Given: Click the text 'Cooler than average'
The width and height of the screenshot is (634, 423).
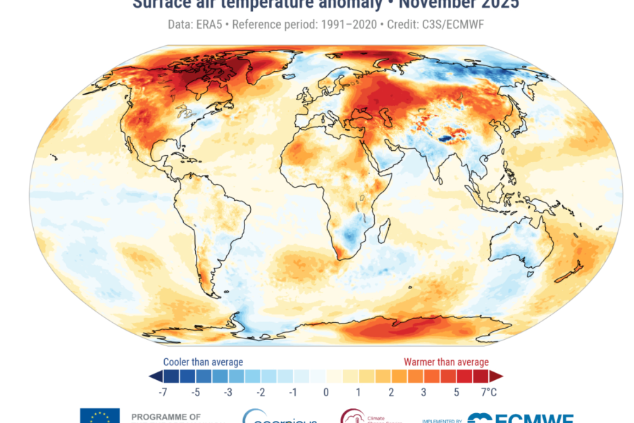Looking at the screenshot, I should click(x=203, y=362).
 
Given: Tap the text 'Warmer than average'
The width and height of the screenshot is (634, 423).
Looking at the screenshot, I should click(x=446, y=362).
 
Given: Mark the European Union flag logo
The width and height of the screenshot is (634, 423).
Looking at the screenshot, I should click(x=99, y=416).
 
